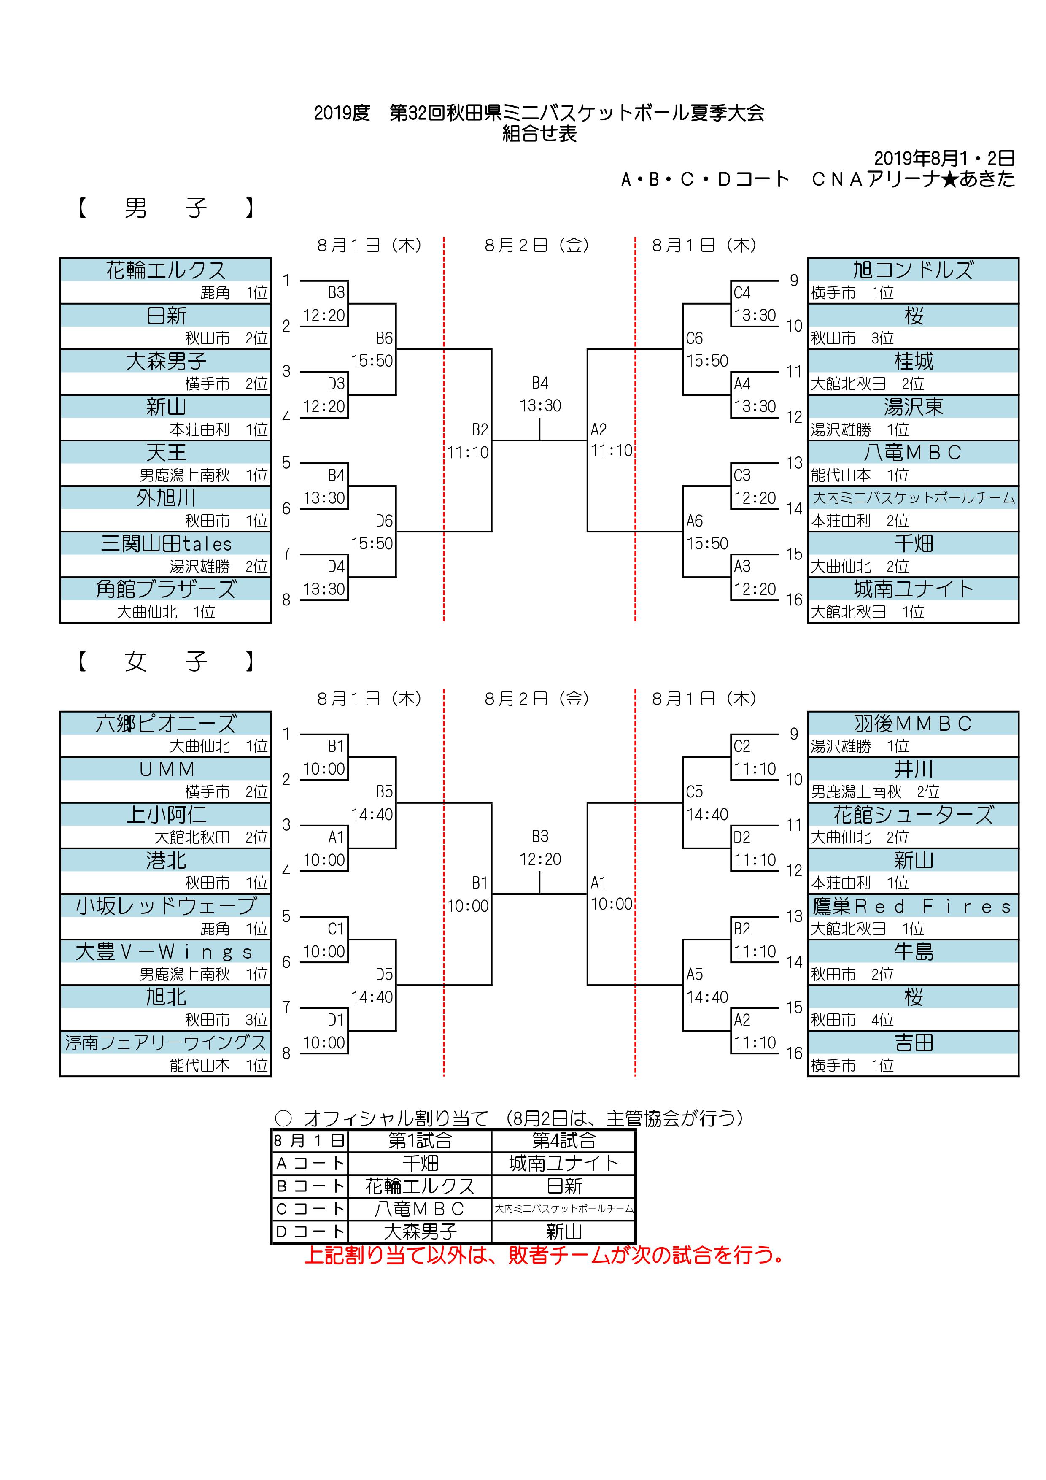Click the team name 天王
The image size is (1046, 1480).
166,453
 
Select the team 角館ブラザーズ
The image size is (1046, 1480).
166,589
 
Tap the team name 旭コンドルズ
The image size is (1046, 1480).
913,270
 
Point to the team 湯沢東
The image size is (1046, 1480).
913,407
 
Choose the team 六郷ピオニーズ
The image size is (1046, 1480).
166,723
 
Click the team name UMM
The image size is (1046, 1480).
166,769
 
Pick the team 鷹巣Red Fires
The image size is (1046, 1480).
913,906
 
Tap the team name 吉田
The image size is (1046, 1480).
913,1042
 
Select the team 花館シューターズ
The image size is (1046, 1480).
913,815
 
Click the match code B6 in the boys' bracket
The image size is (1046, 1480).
384,338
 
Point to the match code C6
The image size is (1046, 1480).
694,338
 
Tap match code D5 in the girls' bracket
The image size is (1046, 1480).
384,974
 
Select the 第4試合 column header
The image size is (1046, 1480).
563,1140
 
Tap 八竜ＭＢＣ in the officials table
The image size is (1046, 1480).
420,1209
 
